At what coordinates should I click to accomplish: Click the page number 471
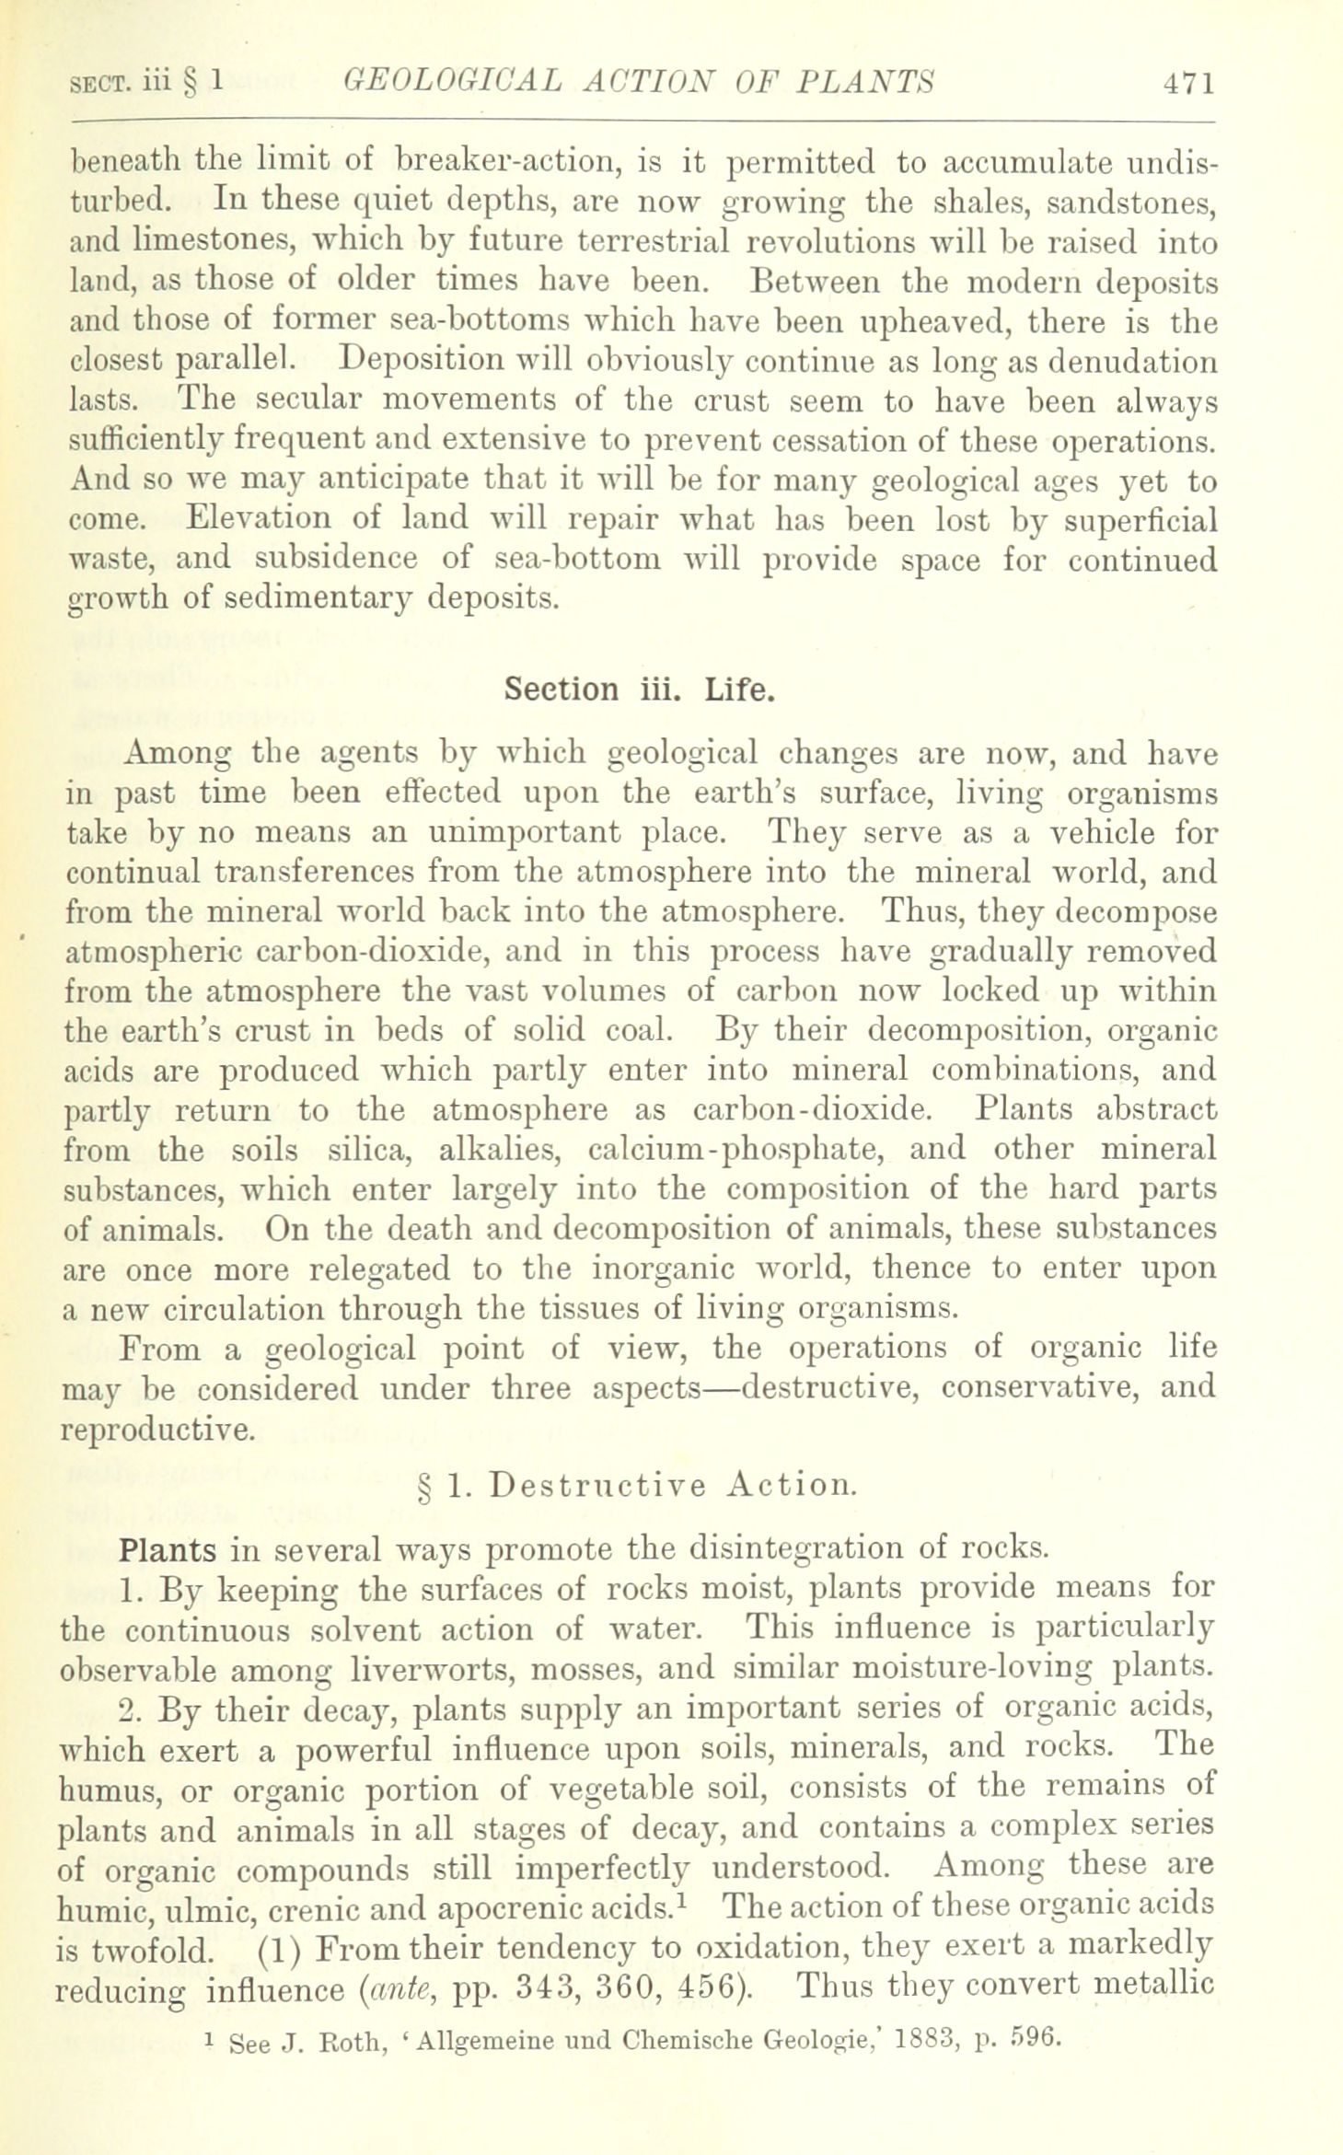[1188, 83]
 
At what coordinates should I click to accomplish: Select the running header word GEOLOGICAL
[449, 83]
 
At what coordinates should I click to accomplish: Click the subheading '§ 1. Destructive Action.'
[637, 1486]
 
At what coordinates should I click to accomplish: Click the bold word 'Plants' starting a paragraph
[168, 1549]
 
